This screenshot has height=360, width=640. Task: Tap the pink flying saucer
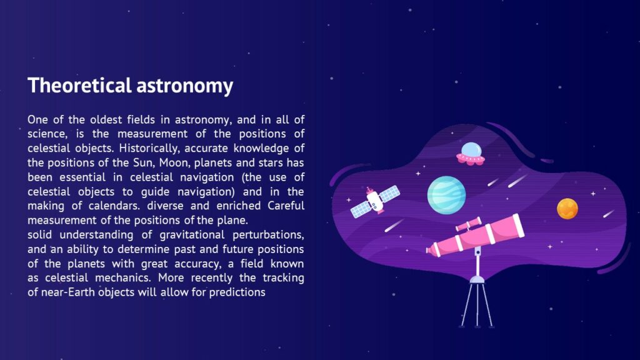click(471, 154)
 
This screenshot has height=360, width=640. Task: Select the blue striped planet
click(446, 194)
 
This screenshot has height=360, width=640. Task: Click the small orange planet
click(567, 208)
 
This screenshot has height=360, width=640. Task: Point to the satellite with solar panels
click(374, 200)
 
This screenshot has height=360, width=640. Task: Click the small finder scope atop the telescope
click(469, 223)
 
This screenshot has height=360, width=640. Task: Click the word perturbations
click(271, 234)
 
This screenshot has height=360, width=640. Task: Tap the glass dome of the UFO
click(471, 149)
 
